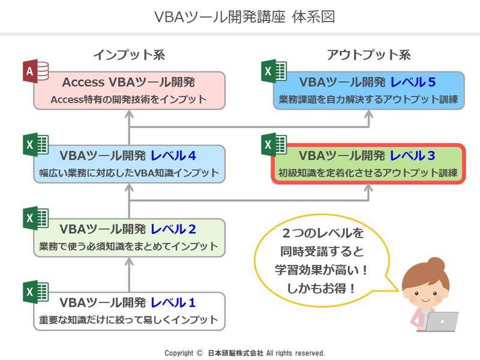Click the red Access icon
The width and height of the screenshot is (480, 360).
35,71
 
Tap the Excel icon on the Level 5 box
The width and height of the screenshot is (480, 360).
274,71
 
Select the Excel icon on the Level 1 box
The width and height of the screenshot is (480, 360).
35,292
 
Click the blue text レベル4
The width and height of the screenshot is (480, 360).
173,155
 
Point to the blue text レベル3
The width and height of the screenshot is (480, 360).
412,155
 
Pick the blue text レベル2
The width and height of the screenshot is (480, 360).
173,229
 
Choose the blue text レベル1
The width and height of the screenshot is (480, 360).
173,302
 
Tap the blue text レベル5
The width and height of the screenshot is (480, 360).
413,82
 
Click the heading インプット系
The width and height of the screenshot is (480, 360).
129,55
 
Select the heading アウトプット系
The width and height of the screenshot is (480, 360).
369,55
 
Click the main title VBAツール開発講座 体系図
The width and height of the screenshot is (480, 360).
245,17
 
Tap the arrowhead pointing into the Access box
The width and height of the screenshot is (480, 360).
129,114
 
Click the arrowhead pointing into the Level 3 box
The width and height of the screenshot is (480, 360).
368,188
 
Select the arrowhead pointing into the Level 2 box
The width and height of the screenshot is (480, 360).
129,262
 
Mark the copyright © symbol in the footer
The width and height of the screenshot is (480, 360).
200,353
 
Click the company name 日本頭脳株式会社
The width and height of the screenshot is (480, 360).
235,353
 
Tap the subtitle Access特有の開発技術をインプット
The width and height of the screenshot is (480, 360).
128,99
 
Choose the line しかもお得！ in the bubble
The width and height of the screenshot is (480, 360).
321,288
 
